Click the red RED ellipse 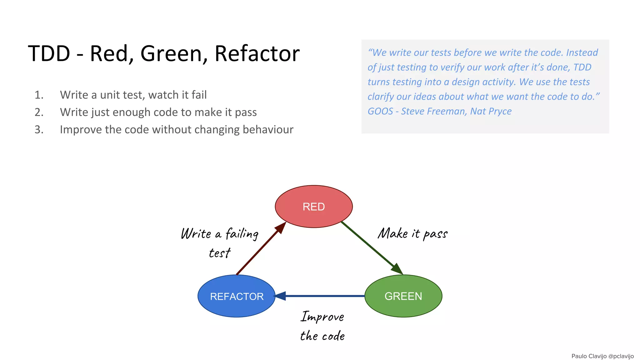click(314, 207)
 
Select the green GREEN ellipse click(403, 296)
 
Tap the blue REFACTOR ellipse click(237, 296)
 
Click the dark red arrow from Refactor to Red click(259, 250)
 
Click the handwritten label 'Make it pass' click(412, 234)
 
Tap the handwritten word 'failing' click(242, 234)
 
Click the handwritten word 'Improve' click(322, 317)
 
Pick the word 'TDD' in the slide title click(49, 53)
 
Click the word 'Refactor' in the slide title click(257, 53)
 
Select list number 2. click(39, 112)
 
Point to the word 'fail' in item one click(199, 95)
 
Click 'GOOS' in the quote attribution click(380, 111)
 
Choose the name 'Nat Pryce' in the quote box click(491, 111)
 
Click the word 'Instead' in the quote click(582, 52)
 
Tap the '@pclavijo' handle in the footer click(621, 356)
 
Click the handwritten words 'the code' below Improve click(322, 336)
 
